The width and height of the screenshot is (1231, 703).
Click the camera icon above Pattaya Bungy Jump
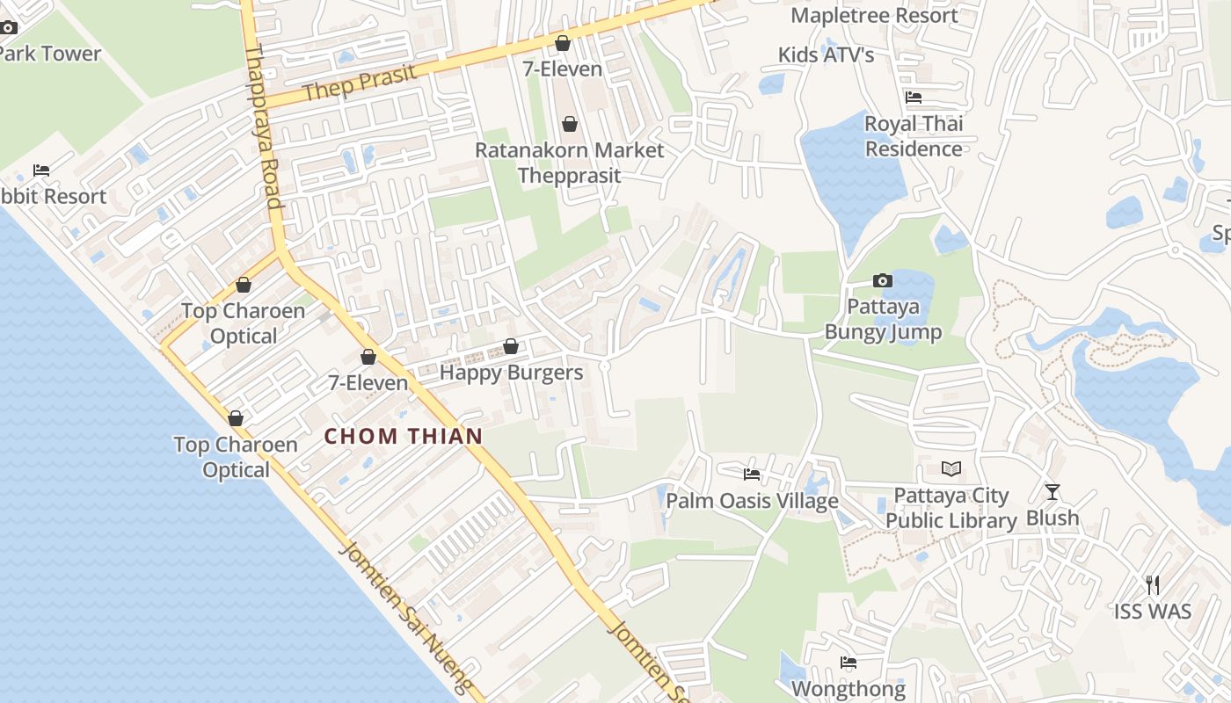click(x=882, y=281)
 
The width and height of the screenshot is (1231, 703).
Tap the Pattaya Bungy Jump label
click(x=883, y=320)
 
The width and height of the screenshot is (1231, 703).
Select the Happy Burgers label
click(x=511, y=373)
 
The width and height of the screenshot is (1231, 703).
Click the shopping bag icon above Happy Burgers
click(x=511, y=347)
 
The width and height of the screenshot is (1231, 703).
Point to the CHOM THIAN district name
click(x=404, y=436)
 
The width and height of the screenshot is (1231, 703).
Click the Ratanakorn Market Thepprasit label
click(x=570, y=163)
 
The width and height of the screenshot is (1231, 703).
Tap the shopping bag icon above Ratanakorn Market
click(x=570, y=124)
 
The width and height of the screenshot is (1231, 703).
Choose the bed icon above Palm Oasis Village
click(x=752, y=475)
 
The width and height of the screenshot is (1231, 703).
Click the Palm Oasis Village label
click(x=752, y=501)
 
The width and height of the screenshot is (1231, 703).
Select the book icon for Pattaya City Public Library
click(x=951, y=468)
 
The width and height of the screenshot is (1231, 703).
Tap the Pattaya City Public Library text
click(x=951, y=508)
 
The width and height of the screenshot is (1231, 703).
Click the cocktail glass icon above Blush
click(x=1053, y=492)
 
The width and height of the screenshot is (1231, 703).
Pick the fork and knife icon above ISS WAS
click(x=1153, y=584)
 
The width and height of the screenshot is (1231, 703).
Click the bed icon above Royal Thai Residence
click(x=914, y=98)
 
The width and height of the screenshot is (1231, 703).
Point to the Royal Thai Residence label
click(x=914, y=136)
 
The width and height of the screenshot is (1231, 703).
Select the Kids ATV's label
click(x=826, y=54)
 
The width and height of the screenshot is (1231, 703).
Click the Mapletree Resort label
click(x=874, y=15)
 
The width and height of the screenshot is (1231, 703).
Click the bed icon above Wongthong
click(x=849, y=663)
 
